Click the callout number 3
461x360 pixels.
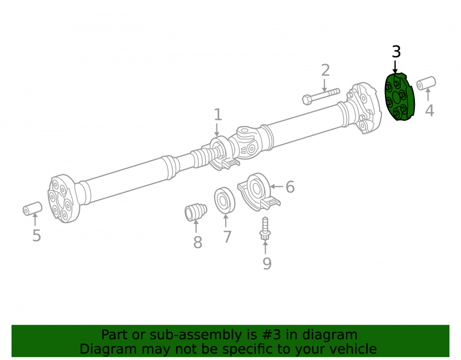click(x=396, y=52)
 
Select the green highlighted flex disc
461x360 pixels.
click(x=400, y=97)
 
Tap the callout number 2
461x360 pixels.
click(x=325, y=70)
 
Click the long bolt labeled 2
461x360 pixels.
click(x=321, y=96)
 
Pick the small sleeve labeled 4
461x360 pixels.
click(x=426, y=83)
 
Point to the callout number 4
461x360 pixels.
click(x=430, y=111)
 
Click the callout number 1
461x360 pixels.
click(x=218, y=115)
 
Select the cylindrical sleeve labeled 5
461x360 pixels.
click(x=32, y=208)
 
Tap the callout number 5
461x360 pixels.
click(x=36, y=236)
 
